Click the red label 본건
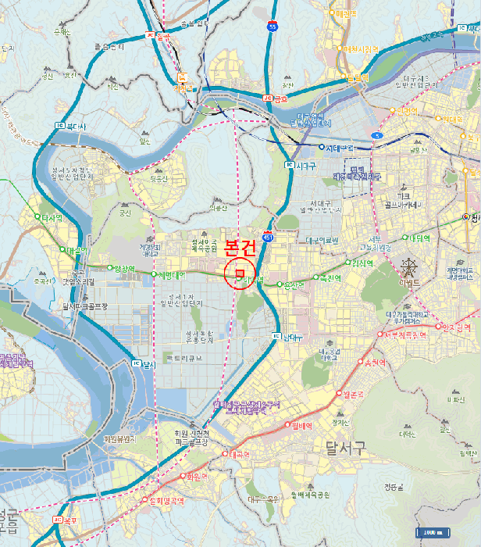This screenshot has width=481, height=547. click(x=240, y=248)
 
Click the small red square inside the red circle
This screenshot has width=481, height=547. click(x=239, y=273)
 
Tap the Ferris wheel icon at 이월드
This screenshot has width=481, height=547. click(x=408, y=270)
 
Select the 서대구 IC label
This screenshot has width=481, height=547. click(x=301, y=166)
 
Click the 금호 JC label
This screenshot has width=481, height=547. click(x=276, y=98)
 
